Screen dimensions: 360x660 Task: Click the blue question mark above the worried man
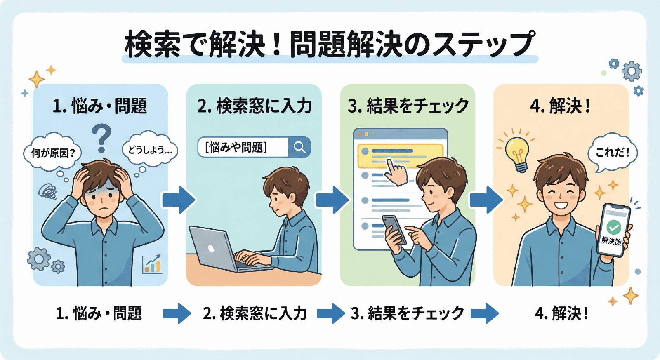point(102,138)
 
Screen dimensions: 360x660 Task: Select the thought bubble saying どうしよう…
point(150,150)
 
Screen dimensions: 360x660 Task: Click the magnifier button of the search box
point(299,147)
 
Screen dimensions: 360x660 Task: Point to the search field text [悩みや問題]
point(236,147)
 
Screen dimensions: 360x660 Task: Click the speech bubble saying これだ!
point(613,153)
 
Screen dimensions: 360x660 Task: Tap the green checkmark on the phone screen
point(614,226)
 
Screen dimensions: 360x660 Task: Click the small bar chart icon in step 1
point(152,264)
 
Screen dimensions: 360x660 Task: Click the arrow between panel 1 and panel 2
point(178,200)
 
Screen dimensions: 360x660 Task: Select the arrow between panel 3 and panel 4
point(486,200)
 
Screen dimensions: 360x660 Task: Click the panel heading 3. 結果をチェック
point(408,106)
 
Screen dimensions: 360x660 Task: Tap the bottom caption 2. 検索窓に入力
point(255,313)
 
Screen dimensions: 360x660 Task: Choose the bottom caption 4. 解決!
point(561,313)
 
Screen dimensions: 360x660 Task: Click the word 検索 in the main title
point(152,44)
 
